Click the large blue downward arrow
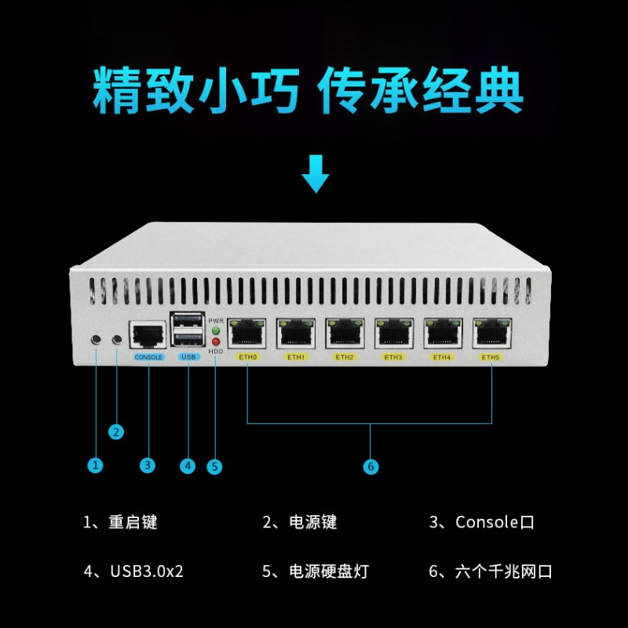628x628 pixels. coord(316,173)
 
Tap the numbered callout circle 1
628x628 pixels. coord(96,466)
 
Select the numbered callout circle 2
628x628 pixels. coord(116,431)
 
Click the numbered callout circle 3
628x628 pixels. coord(148,466)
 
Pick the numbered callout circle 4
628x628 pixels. coord(188,466)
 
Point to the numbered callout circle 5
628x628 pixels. coord(214,466)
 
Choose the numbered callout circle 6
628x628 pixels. coord(371,466)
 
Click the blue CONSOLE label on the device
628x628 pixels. coord(148,357)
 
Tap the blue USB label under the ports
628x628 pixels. coord(188,357)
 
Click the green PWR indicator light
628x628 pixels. coord(216,330)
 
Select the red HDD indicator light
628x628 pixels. coord(216,342)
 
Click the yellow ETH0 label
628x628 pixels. coord(247,357)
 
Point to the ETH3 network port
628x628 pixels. coord(394,334)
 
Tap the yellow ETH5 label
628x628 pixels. coord(491,357)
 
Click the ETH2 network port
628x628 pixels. coord(345,334)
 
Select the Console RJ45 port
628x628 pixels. coord(148,336)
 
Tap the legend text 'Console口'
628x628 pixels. coord(495,522)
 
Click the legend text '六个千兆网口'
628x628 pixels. coord(503,571)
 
